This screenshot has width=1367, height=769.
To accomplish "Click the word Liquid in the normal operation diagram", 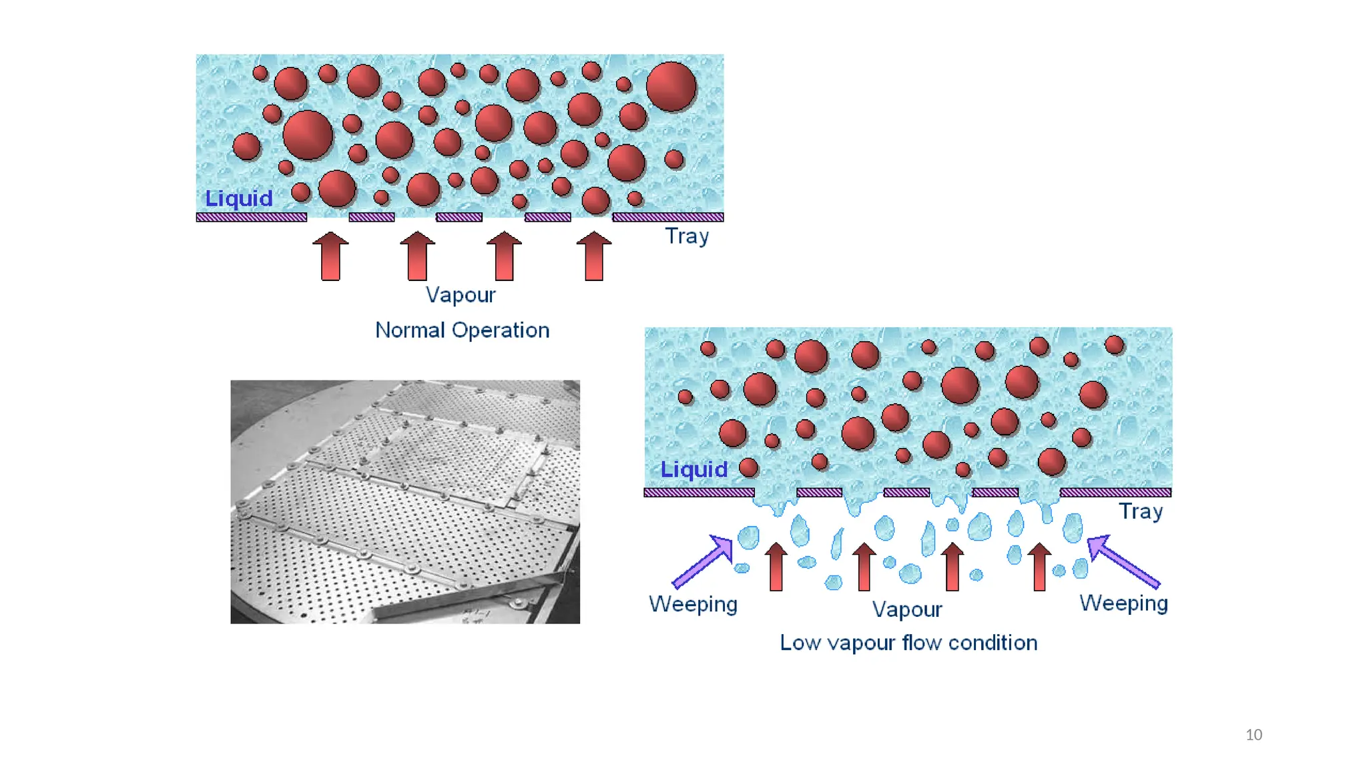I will (238, 198).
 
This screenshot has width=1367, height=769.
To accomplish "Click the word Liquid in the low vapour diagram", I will (694, 469).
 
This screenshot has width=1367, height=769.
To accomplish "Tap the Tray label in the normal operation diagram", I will (687, 236).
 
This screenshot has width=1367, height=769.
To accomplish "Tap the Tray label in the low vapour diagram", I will (1141, 511).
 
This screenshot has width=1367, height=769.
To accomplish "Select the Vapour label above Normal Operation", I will (461, 295).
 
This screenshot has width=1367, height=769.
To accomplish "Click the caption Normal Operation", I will (462, 330).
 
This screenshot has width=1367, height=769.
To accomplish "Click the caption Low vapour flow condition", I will (908, 643).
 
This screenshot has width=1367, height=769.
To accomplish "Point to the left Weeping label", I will (693, 604).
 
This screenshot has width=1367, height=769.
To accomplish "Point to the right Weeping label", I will (1123, 603).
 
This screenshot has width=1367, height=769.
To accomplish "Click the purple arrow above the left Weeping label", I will (704, 561).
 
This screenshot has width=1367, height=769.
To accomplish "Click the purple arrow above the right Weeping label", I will (1123, 561).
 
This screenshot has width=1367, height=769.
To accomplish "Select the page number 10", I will (1254, 735).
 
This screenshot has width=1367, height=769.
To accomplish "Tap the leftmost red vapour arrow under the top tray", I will (330, 256).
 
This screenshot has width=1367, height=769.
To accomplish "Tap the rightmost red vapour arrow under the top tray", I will (594, 256).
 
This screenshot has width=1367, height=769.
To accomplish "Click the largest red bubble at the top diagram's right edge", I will (671, 87).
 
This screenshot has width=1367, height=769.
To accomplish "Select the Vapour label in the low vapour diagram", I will (907, 609).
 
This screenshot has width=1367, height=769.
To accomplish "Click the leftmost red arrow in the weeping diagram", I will (776, 567).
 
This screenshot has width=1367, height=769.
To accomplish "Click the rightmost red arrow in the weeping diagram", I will (1039, 567).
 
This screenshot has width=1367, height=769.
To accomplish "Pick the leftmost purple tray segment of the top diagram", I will (252, 217).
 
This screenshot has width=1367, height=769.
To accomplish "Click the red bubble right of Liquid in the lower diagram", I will (749, 467).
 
